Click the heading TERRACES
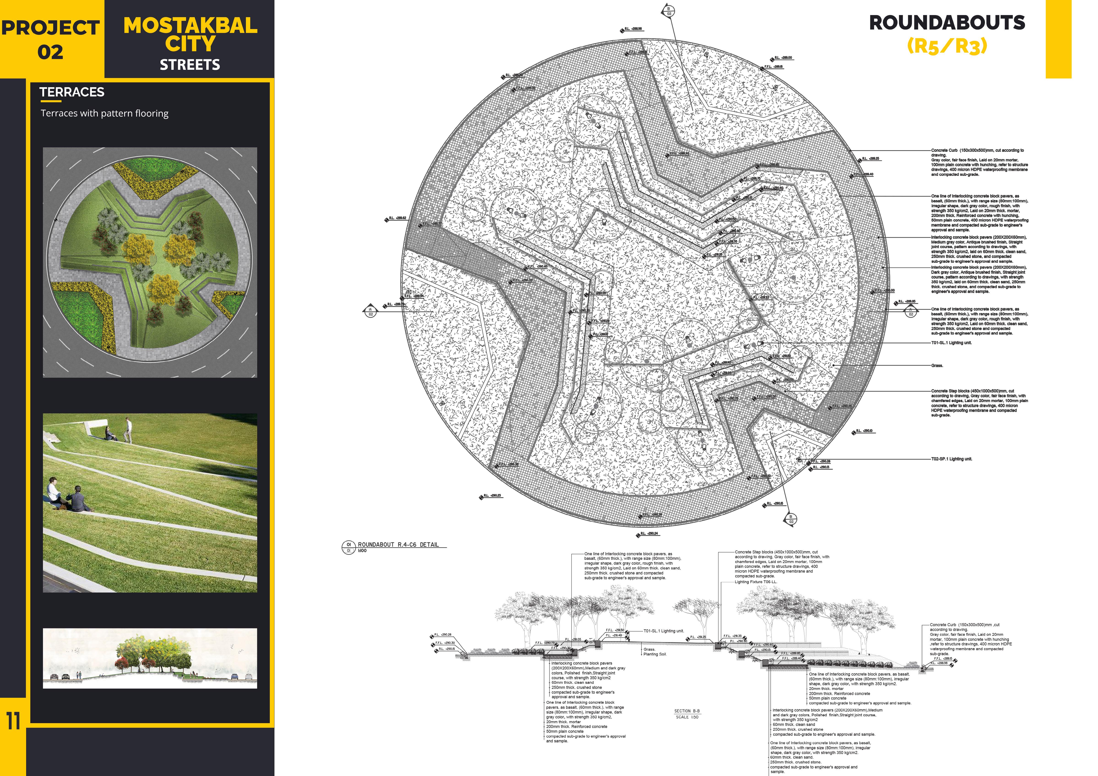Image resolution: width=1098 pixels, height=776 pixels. [72, 92]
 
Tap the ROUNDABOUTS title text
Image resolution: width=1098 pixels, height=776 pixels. [947, 23]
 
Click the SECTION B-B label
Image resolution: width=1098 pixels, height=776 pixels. [687, 711]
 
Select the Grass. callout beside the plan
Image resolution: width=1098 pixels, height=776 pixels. [937, 366]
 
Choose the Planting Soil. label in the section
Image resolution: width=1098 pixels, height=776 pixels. [655, 654]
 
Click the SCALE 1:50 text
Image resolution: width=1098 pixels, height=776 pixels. [687, 717]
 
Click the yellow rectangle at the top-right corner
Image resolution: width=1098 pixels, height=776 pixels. [1058, 38]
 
